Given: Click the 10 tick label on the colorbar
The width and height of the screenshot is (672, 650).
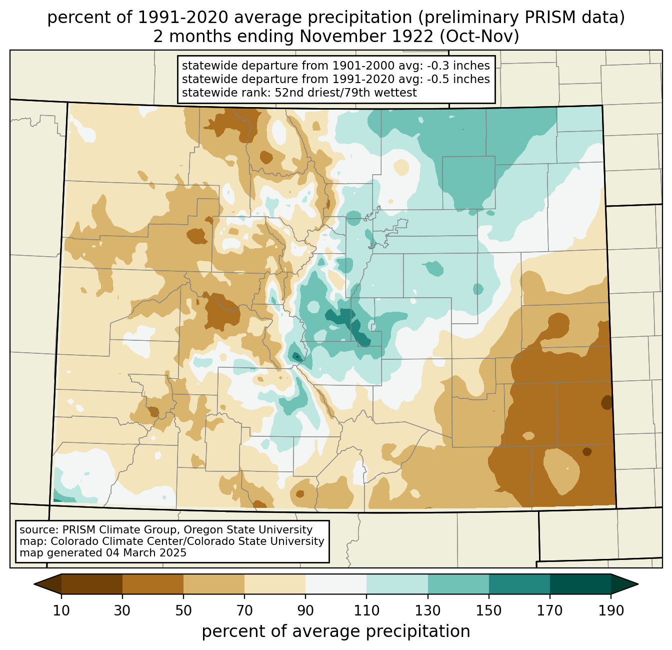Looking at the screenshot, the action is (x=61, y=610).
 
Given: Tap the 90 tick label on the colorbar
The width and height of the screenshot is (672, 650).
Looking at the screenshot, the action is (x=305, y=610).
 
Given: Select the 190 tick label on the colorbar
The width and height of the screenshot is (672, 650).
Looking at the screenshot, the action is (x=611, y=610).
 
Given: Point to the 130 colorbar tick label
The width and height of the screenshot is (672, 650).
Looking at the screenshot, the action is (x=427, y=610).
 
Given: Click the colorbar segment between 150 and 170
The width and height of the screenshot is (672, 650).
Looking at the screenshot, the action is (x=519, y=584).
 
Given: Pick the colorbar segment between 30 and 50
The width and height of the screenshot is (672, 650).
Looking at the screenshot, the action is (x=152, y=584).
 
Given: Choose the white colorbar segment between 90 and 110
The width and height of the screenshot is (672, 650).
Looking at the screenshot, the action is (x=336, y=584).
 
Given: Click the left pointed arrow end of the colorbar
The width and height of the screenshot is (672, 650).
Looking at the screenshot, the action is (x=47, y=584).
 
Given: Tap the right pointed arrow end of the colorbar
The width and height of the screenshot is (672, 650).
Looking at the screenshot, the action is (x=624, y=584).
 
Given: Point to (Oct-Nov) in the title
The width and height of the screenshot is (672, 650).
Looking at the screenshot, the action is (x=479, y=37).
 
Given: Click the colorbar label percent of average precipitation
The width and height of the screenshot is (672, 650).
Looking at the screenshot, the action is (x=336, y=631).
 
